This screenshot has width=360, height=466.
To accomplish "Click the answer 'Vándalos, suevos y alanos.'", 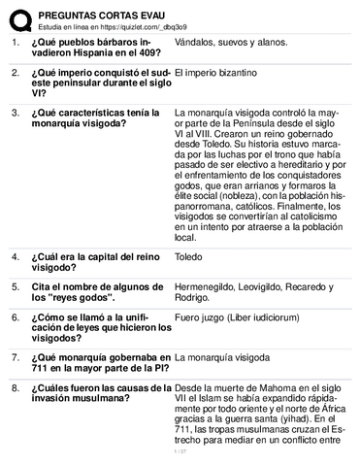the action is click(234, 44).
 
